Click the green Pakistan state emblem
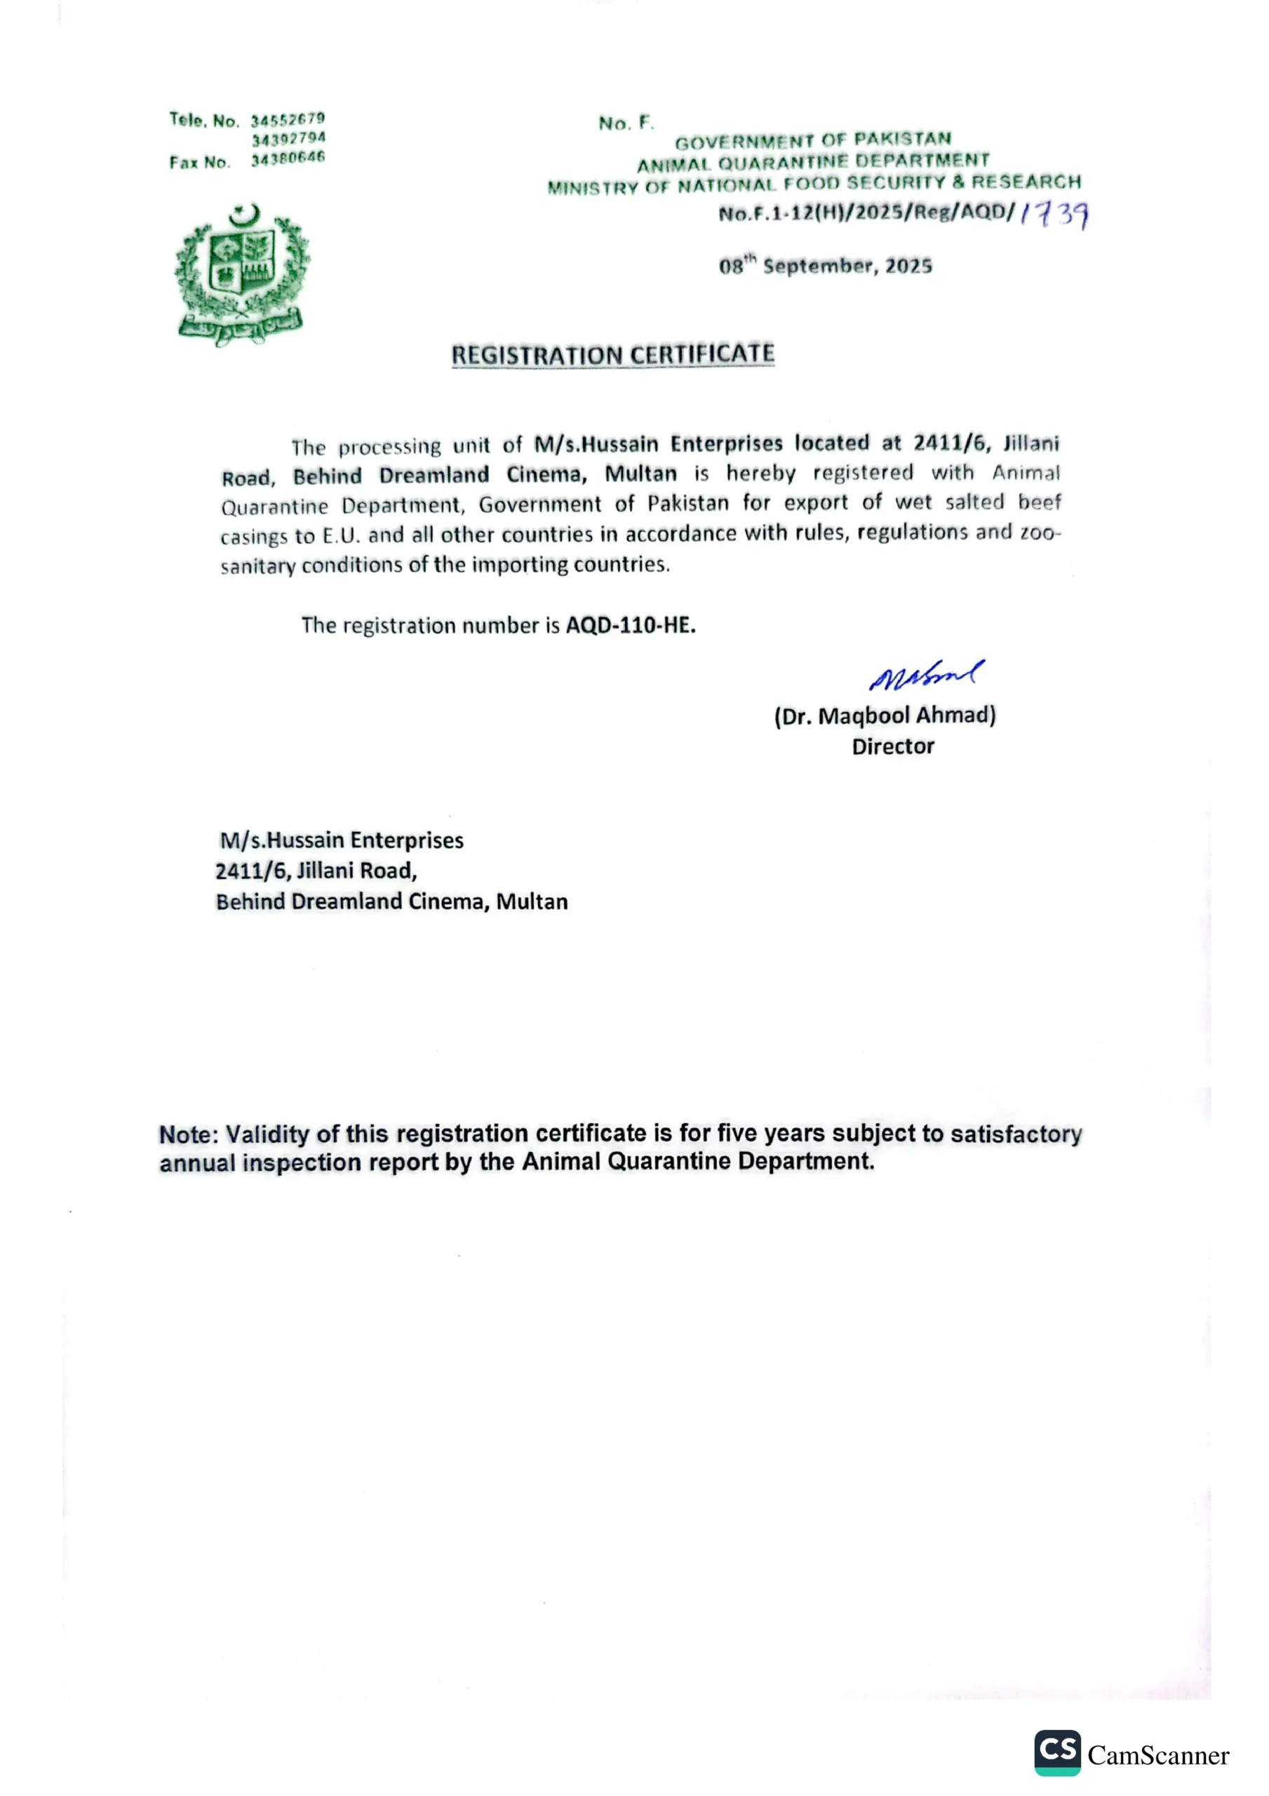(x=242, y=274)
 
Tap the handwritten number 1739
(x=1054, y=215)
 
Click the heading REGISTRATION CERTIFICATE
(x=612, y=354)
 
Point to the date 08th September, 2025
(x=826, y=266)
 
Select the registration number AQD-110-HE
(x=631, y=625)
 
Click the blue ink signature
(x=927, y=673)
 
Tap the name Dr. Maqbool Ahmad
(x=885, y=716)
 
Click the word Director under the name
(x=893, y=746)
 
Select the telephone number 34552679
(x=288, y=120)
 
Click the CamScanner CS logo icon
(x=1057, y=1753)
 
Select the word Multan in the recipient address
(x=532, y=902)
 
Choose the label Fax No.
(x=199, y=163)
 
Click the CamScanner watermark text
(x=1158, y=1755)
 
